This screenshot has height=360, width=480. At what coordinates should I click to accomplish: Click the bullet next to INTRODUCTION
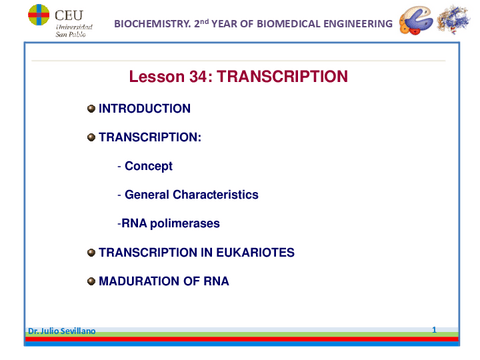point(91,108)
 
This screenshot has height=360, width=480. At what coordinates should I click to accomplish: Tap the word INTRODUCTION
point(144,108)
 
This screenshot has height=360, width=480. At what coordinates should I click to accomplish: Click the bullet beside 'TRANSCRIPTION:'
point(91,137)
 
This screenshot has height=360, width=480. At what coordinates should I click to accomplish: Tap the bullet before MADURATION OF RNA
point(91,282)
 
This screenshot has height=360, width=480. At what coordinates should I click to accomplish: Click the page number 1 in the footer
point(434,329)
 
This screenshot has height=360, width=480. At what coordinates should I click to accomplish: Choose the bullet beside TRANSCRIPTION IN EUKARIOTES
point(91,253)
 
